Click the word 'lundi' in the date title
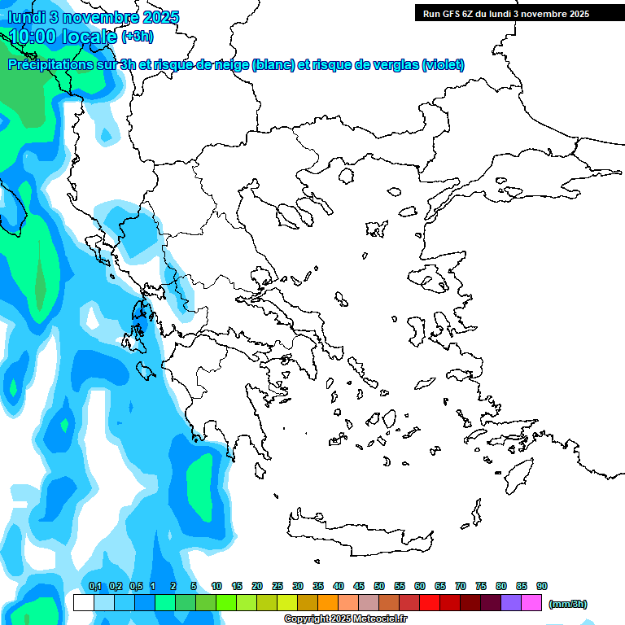coord(26,18)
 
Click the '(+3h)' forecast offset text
coord(137,37)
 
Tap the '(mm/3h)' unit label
coord(568,604)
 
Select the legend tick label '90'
coord(542,587)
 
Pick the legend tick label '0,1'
coord(94,587)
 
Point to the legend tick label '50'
coord(379,587)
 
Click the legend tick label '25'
coord(278,587)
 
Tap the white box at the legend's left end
coord(83,603)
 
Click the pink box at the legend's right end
coord(531,603)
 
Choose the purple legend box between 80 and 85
coord(511,603)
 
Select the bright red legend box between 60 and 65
coord(430,603)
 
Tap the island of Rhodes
coord(518,472)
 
